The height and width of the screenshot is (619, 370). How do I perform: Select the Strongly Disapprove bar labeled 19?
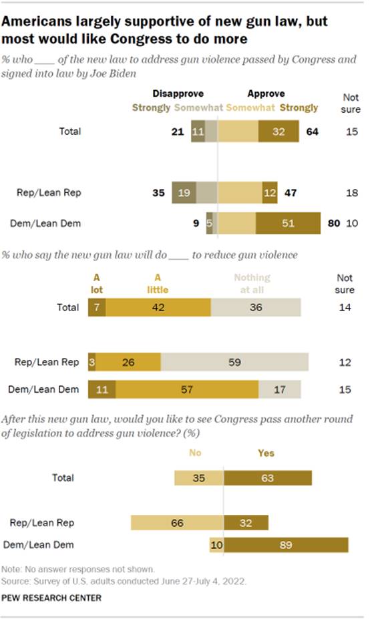185,192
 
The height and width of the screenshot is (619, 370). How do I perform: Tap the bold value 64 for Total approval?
311,131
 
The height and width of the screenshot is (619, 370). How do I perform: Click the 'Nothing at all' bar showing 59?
234,362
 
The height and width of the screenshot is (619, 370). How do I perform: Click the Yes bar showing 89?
286,545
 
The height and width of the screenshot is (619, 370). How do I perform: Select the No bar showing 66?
176,522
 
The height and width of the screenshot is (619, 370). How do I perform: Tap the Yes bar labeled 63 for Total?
267,478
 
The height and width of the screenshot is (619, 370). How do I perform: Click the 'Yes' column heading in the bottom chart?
266,453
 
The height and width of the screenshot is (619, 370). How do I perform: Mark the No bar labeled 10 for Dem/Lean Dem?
216,545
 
